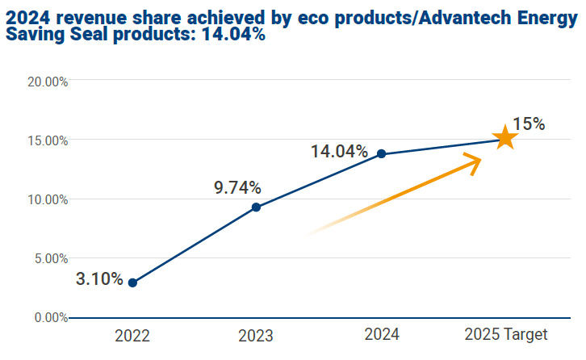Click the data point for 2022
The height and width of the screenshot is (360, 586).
tap(132, 283)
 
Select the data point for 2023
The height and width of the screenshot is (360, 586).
tap(256, 207)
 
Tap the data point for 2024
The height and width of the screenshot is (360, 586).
tap(381, 154)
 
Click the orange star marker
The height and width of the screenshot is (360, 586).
tap(504, 138)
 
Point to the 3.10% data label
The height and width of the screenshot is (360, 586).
tap(99, 279)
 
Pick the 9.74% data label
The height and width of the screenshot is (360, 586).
tap(237, 188)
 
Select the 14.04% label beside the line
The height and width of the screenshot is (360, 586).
tap(339, 151)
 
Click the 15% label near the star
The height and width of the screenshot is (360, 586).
tap(529, 124)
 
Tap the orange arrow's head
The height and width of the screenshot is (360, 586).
tap(475, 161)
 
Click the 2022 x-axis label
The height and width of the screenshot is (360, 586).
tap(132, 335)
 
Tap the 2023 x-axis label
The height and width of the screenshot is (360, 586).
tap(256, 335)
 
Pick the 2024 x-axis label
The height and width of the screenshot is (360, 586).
tap(380, 335)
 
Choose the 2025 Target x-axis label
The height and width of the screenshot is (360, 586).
tap(506, 335)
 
